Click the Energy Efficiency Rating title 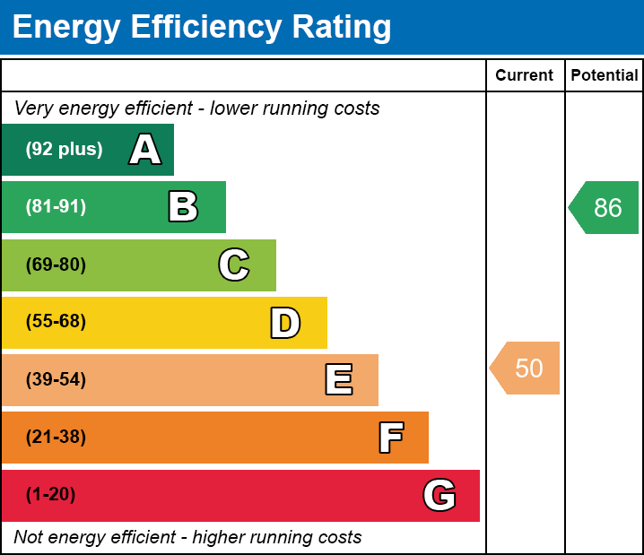[x=202, y=28]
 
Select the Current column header [x=525, y=75]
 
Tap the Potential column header [x=605, y=75]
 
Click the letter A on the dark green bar [x=145, y=150]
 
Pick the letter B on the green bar [x=183, y=207]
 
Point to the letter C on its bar [x=234, y=264]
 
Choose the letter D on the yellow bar [x=285, y=323]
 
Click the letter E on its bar [x=338, y=380]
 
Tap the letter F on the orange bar [x=390, y=438]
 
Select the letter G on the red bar [x=439, y=495]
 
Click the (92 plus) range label [x=64, y=150]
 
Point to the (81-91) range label [x=56, y=207]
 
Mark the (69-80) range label [x=56, y=264]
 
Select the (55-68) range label [x=56, y=322]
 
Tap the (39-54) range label [x=56, y=379]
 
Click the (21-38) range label [x=56, y=437]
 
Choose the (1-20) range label [x=51, y=494]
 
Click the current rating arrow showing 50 [x=527, y=368]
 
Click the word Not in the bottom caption [x=29, y=537]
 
